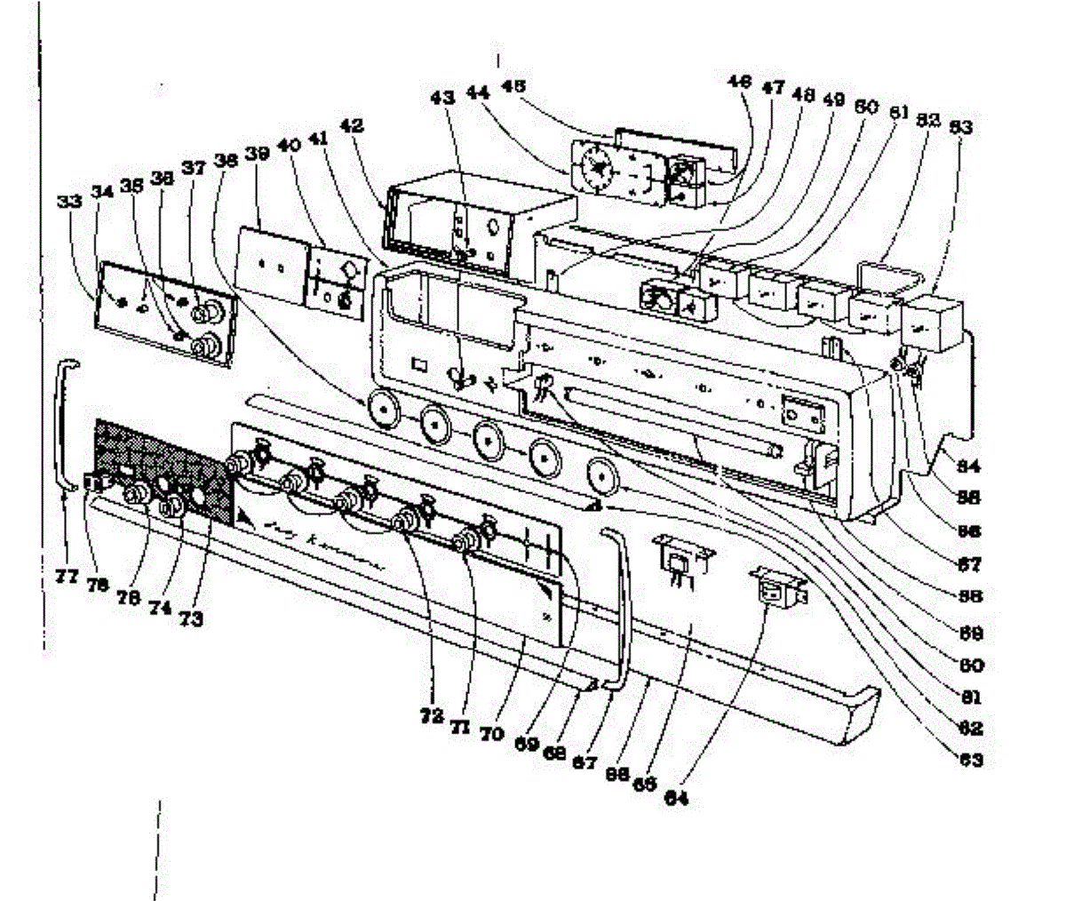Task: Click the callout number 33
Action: (70, 202)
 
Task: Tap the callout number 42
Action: (353, 127)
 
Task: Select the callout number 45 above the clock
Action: (513, 86)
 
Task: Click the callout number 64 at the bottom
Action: (676, 797)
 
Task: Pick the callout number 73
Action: (189, 618)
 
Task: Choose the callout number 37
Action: (193, 168)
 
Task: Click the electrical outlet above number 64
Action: (779, 588)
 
